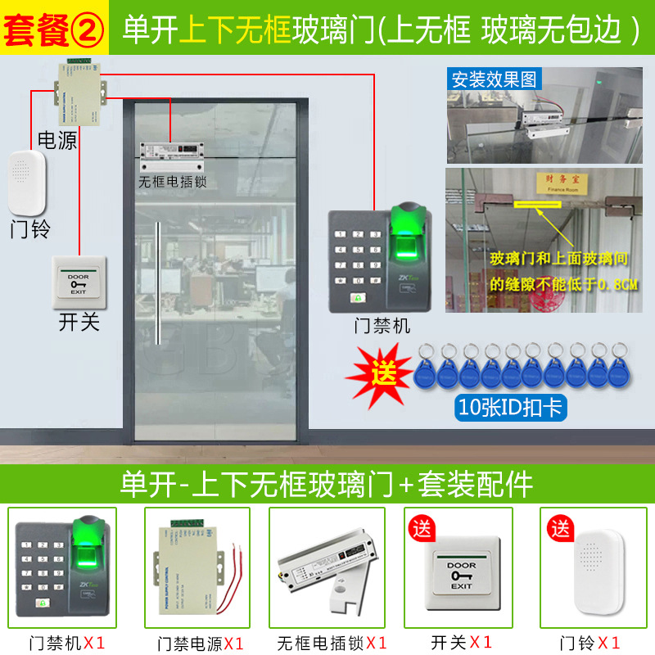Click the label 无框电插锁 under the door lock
pyautogui.click(x=172, y=182)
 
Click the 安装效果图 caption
pyautogui.click(x=494, y=79)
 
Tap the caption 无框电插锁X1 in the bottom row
pyautogui.click(x=331, y=642)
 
